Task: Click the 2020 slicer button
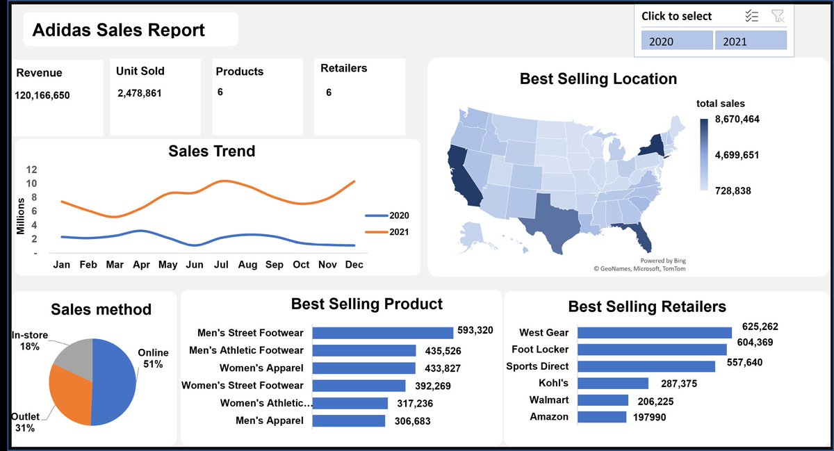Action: [x=677, y=41]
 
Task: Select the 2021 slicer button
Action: [x=751, y=41]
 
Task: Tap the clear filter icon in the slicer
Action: [x=778, y=16]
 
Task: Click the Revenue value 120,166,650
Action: [x=42, y=95]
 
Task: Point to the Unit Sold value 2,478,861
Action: [x=140, y=92]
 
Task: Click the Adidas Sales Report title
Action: [x=119, y=30]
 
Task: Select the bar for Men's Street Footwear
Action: [x=383, y=333]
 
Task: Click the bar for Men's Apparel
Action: [x=349, y=420]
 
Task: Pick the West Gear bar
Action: [x=655, y=333]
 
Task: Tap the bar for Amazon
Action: [x=602, y=417]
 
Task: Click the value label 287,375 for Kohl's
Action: [x=675, y=384]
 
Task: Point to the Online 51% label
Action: [x=153, y=358]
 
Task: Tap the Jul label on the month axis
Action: [x=222, y=265]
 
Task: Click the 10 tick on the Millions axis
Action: [x=32, y=183]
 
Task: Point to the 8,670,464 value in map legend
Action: [x=737, y=120]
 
